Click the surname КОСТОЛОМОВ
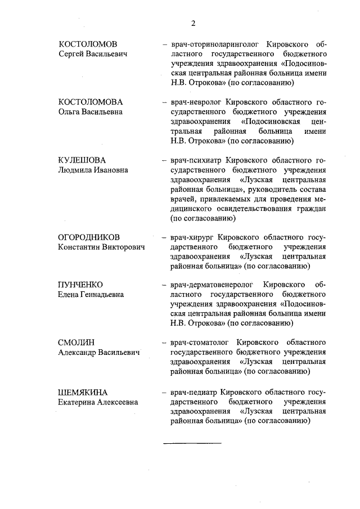pyautogui.click(x=88, y=44)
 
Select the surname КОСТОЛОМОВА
pyautogui.click(x=91, y=102)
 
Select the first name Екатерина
pyautogui.click(x=78, y=402)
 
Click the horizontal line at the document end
pyautogui.click(x=192, y=443)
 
